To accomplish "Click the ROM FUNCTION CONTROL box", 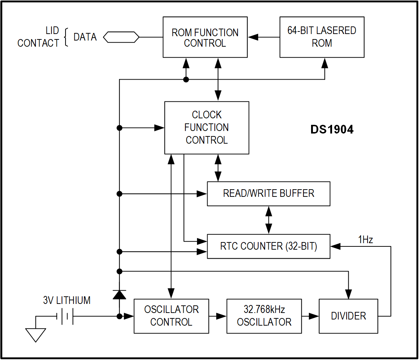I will [x=205, y=37].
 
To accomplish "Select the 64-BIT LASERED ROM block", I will [x=322, y=37].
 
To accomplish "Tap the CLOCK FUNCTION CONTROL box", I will [x=206, y=128].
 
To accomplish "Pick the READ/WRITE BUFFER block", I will [x=268, y=194].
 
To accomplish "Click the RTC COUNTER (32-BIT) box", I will [x=268, y=246].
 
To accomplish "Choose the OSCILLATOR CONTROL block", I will [x=171, y=316].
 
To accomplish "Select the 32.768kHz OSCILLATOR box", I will [x=264, y=316].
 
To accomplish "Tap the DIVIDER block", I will [x=348, y=316].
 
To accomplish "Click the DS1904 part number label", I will [x=332, y=130].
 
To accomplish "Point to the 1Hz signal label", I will [x=365, y=240].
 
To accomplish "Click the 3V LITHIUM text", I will [x=67, y=300].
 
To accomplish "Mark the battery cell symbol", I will [x=65, y=316].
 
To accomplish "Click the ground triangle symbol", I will [x=36, y=334].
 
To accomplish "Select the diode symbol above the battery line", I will [x=120, y=294].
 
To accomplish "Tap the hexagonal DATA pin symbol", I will [x=121, y=37].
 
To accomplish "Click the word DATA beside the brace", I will [x=85, y=37].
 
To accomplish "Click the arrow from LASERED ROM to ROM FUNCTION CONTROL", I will [x=263, y=37].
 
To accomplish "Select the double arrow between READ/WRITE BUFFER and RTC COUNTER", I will [x=268, y=220].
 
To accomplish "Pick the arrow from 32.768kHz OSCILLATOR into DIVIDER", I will [x=310, y=316].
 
